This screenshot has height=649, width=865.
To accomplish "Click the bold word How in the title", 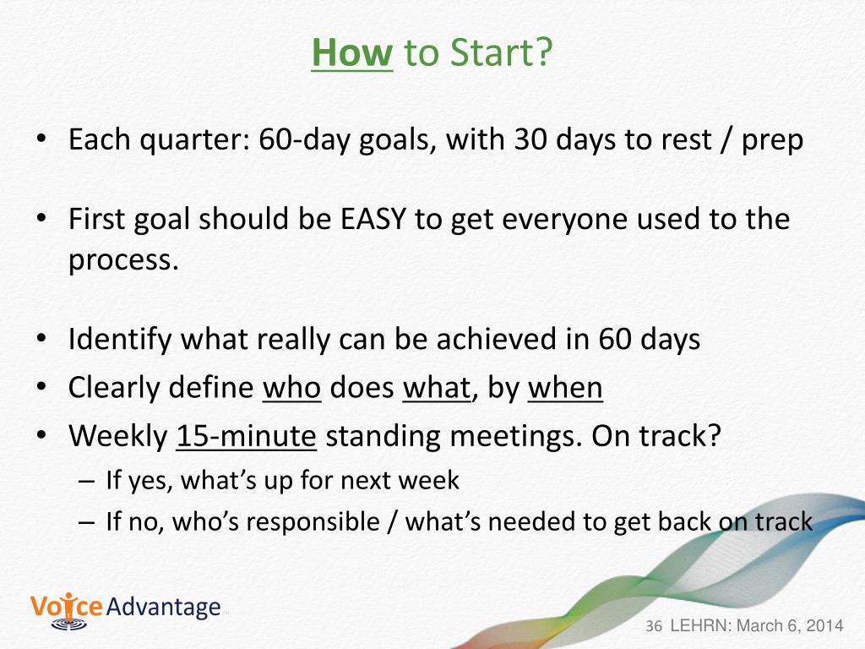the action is tap(352, 53).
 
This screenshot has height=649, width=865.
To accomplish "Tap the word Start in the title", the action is tap(490, 53).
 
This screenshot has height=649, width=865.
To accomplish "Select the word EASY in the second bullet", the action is tap(373, 219).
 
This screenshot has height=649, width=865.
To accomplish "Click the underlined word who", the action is tap(291, 387).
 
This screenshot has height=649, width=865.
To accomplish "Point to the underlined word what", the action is tap(437, 387).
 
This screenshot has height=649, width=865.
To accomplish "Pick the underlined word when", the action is tap(565, 387).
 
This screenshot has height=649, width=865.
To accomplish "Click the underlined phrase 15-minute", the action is tap(246, 436).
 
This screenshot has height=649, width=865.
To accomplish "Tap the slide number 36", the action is tap(654, 626).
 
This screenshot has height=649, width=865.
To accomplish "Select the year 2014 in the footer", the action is tap(824, 626).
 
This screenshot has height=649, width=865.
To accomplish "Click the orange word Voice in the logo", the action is tap(66, 607).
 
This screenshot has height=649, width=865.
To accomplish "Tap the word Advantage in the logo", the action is tap(163, 607).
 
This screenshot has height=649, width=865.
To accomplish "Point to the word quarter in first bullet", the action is tap(194, 140).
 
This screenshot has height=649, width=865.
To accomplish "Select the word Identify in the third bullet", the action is tap(120, 339).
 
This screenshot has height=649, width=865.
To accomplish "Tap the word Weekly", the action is tap(118, 436).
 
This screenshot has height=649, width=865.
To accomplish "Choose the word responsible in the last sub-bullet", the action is tap(313, 522).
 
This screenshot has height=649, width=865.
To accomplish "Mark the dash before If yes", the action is tap(87, 481).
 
